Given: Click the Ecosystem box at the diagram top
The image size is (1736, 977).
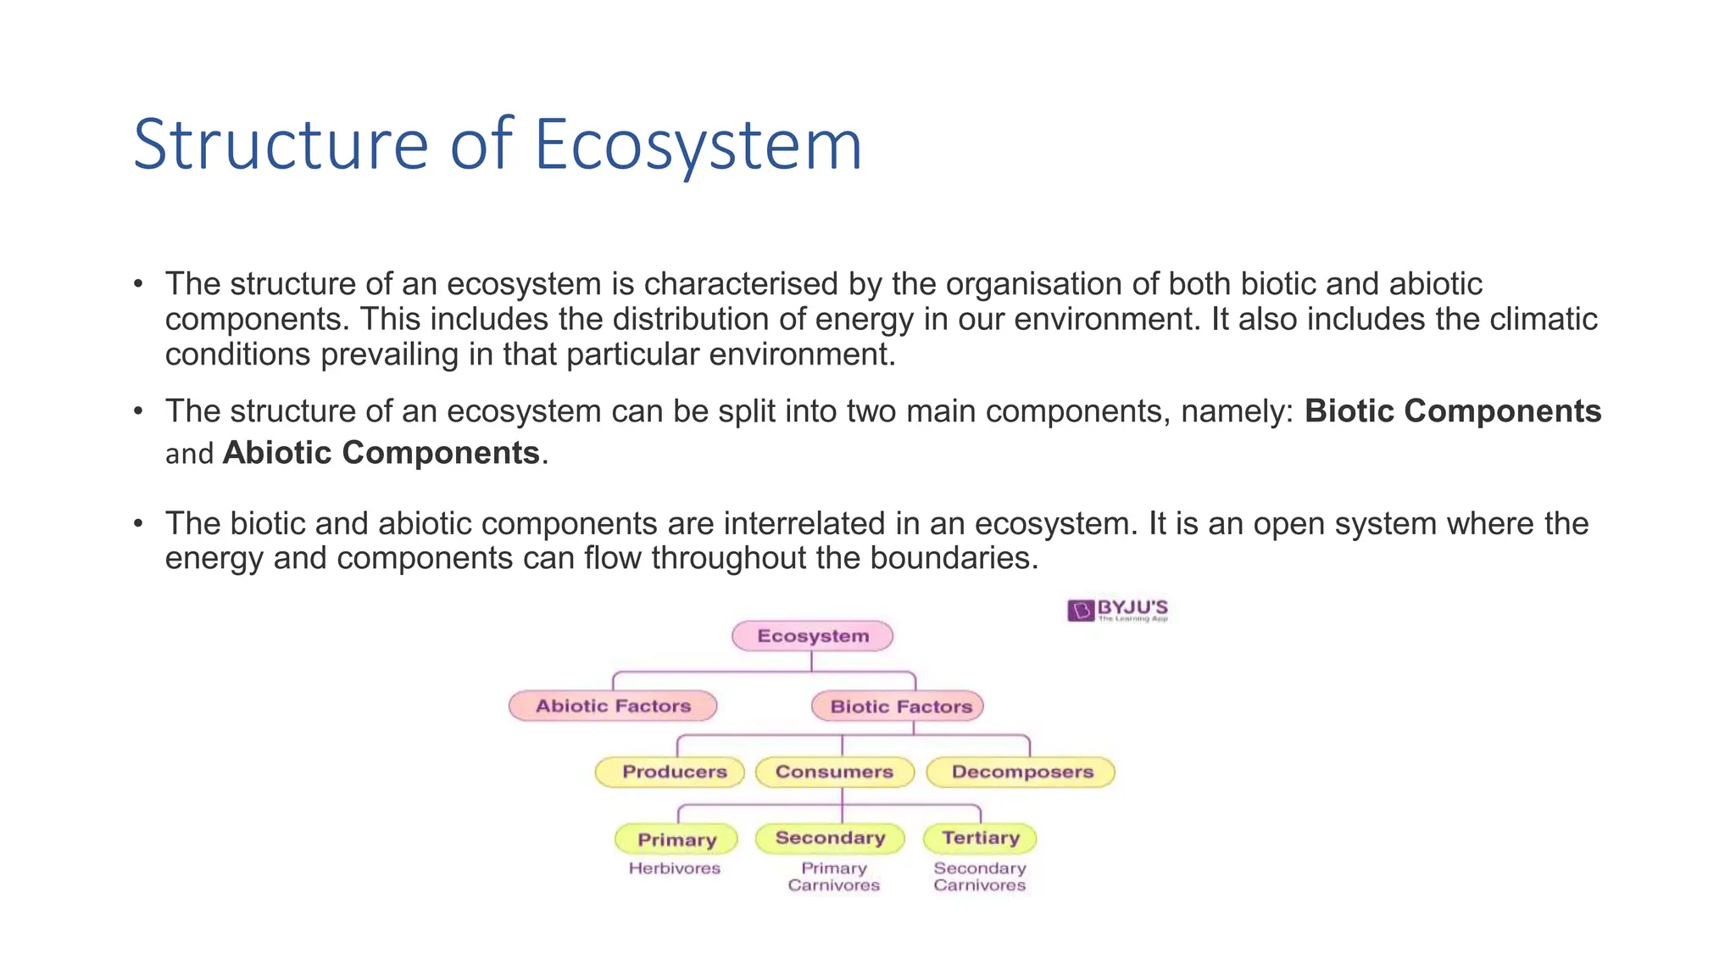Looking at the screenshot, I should (812, 636).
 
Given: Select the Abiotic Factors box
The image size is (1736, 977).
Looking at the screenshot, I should (613, 706).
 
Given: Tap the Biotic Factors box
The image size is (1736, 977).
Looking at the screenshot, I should (899, 706).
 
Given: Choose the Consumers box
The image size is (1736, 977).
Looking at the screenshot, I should (834, 772).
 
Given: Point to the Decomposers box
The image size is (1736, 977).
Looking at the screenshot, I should (1021, 772).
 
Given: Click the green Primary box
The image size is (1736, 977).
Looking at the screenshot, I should (676, 840).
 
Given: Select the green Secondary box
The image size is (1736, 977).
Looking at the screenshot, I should (830, 838).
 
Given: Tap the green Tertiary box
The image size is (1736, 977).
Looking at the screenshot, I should (980, 838).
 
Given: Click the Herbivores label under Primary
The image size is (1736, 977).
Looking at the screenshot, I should (674, 868).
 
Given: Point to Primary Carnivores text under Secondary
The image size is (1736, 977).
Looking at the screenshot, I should (833, 877).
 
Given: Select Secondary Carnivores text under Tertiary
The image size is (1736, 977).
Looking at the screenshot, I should (980, 877).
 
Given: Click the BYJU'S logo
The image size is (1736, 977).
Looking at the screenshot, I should (1117, 610).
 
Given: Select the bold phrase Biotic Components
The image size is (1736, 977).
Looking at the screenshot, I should (1452, 411).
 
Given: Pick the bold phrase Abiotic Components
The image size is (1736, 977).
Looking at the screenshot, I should (381, 453).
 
